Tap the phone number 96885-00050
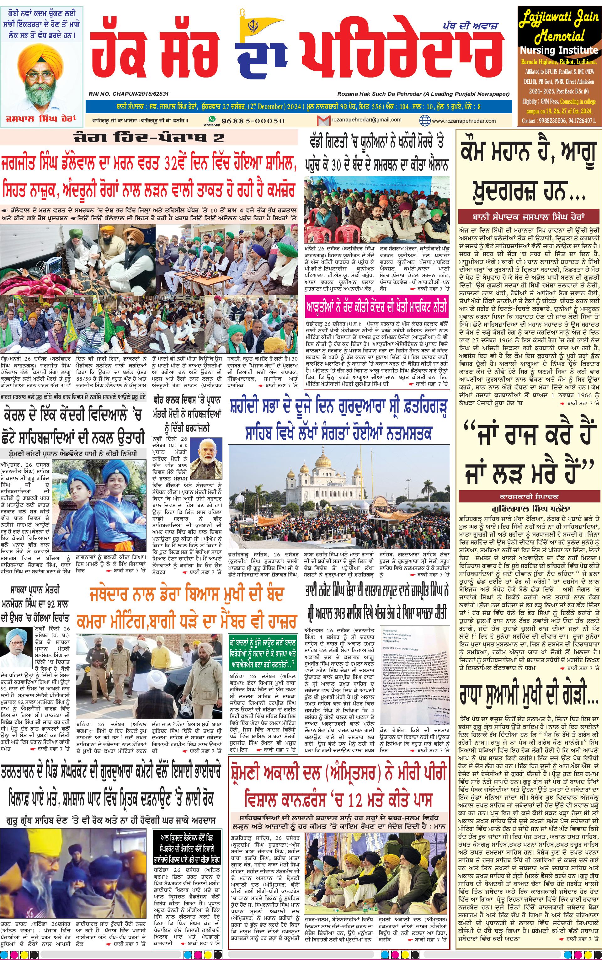253,121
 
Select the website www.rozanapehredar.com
463,121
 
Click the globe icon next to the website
425,120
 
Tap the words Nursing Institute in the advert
559,51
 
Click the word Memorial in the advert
559,37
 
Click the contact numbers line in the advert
559,121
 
